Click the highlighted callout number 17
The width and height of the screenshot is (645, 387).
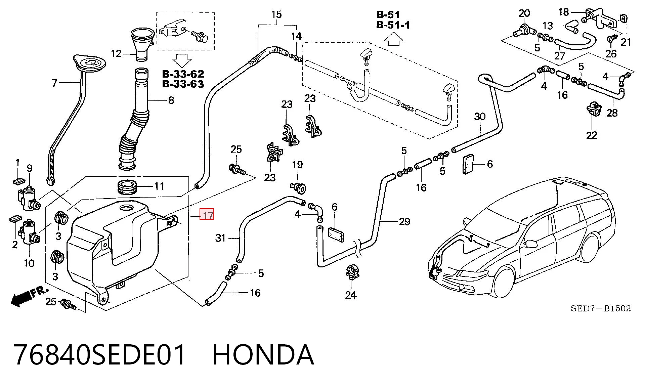point(207,214)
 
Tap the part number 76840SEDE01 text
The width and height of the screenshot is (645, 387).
point(100,355)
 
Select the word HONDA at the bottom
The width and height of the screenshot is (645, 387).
point(263,355)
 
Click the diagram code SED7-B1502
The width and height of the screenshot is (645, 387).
point(601,308)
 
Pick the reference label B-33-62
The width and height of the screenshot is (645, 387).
point(183,74)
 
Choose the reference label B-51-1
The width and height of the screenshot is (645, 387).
point(393,25)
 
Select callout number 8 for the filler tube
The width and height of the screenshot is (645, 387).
point(171,100)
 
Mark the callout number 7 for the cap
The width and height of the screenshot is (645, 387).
point(55,83)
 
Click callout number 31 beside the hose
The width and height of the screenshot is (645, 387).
point(220,238)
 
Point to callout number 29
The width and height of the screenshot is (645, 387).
point(404,221)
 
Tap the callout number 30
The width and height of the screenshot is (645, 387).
point(480,117)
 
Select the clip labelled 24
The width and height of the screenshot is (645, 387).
point(351,272)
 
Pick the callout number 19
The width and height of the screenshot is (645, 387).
point(297,165)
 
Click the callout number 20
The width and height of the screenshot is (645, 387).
point(524,13)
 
